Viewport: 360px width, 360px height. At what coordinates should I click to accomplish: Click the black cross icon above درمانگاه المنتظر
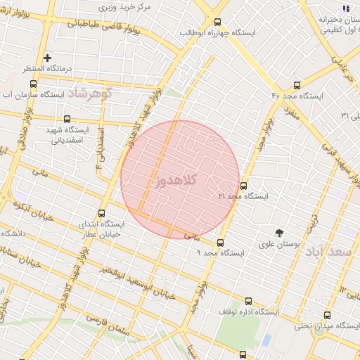click(47, 58)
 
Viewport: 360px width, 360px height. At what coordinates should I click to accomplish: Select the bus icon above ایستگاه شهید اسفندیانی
click(67, 120)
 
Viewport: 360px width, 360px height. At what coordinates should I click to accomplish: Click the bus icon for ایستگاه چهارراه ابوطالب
click(217, 22)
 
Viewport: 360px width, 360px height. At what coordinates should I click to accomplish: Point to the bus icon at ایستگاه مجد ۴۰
click(297, 84)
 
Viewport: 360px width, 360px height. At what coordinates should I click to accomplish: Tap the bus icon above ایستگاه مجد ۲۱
click(243, 186)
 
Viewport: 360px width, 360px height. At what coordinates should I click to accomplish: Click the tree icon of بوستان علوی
click(280, 233)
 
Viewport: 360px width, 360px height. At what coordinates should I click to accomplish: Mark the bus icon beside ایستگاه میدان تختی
click(327, 315)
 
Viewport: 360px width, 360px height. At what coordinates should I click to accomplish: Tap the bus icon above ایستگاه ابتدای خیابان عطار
click(101, 213)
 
